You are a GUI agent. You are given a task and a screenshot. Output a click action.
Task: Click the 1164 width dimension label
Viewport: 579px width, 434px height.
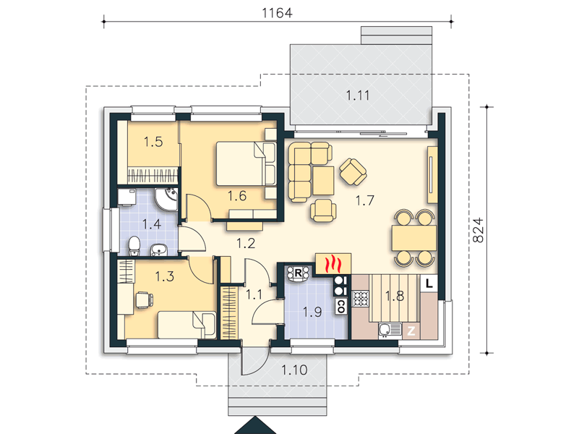(x=277, y=13)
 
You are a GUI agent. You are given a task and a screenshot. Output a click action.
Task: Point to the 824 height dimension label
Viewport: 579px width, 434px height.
(x=479, y=230)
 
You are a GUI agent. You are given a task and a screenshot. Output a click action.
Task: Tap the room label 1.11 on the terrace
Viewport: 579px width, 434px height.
(x=357, y=95)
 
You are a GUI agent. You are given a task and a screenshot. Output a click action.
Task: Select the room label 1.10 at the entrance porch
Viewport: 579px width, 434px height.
(x=294, y=370)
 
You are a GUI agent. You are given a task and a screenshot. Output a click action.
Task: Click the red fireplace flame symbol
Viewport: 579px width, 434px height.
(x=333, y=264)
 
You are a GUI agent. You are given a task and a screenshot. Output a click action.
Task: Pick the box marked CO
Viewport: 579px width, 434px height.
(x=341, y=306)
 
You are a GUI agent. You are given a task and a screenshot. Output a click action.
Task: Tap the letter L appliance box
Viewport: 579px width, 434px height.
(x=429, y=284)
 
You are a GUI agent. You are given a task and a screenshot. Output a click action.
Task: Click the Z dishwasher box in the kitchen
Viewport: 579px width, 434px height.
(x=411, y=331)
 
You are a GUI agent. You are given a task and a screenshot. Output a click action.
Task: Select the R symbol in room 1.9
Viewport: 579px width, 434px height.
(x=298, y=273)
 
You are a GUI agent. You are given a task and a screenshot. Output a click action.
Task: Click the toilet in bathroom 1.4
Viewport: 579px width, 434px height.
(x=134, y=245)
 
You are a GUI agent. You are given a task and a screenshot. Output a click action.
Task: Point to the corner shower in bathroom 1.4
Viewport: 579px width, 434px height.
(x=166, y=200)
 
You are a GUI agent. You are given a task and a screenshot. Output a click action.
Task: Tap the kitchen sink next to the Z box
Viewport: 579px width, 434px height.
(x=390, y=331)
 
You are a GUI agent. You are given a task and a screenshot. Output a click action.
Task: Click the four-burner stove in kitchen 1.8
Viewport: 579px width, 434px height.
(x=360, y=299)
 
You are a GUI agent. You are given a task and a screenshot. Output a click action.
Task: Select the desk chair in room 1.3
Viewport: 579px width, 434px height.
(x=144, y=299)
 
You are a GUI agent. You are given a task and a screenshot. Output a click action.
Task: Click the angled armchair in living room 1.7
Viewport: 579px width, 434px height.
(x=353, y=171)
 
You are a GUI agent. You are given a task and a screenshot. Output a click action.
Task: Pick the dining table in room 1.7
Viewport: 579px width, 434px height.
(x=414, y=238)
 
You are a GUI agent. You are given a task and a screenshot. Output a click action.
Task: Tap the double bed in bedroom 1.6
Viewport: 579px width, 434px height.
(x=246, y=163)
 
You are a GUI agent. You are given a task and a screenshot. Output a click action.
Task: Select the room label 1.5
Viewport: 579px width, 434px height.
(x=153, y=142)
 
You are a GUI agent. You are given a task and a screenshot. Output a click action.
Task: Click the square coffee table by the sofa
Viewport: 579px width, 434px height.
(x=322, y=181)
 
